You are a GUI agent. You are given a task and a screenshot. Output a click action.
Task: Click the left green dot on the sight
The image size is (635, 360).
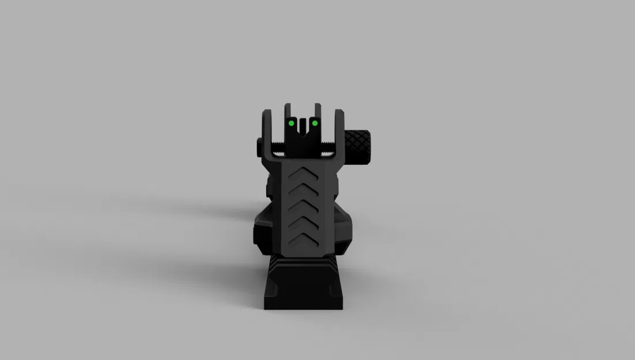pos(292,123)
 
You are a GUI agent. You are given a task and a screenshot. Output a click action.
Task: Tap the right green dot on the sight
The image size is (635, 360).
pos(315,123)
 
